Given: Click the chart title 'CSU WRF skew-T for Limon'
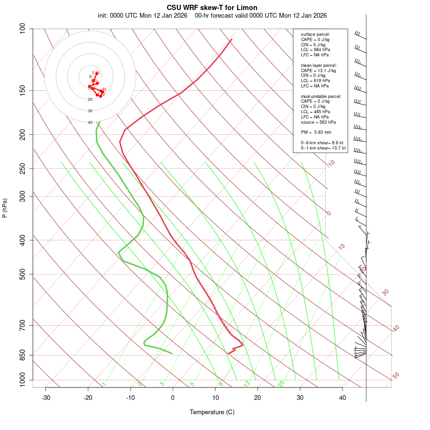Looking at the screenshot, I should [x=212, y=8].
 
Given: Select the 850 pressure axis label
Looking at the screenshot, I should [x=23, y=355].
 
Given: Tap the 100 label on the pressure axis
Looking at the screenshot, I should [x=23, y=29].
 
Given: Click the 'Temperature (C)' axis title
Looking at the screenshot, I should [x=212, y=412].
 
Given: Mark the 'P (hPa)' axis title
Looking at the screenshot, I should [x=5, y=208].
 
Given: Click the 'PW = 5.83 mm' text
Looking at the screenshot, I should [x=316, y=132].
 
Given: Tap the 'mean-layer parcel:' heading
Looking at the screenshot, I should [x=319, y=65].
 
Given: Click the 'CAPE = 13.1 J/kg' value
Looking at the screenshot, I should [x=318, y=70].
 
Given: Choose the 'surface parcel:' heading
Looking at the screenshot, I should [x=315, y=34].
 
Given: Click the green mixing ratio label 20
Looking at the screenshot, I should [x=281, y=383].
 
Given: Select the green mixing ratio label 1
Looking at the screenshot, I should [x=104, y=384].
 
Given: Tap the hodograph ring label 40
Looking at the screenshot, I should [x=90, y=122].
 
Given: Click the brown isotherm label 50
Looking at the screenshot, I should [x=396, y=376].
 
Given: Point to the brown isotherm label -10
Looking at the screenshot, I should [x=330, y=163].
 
